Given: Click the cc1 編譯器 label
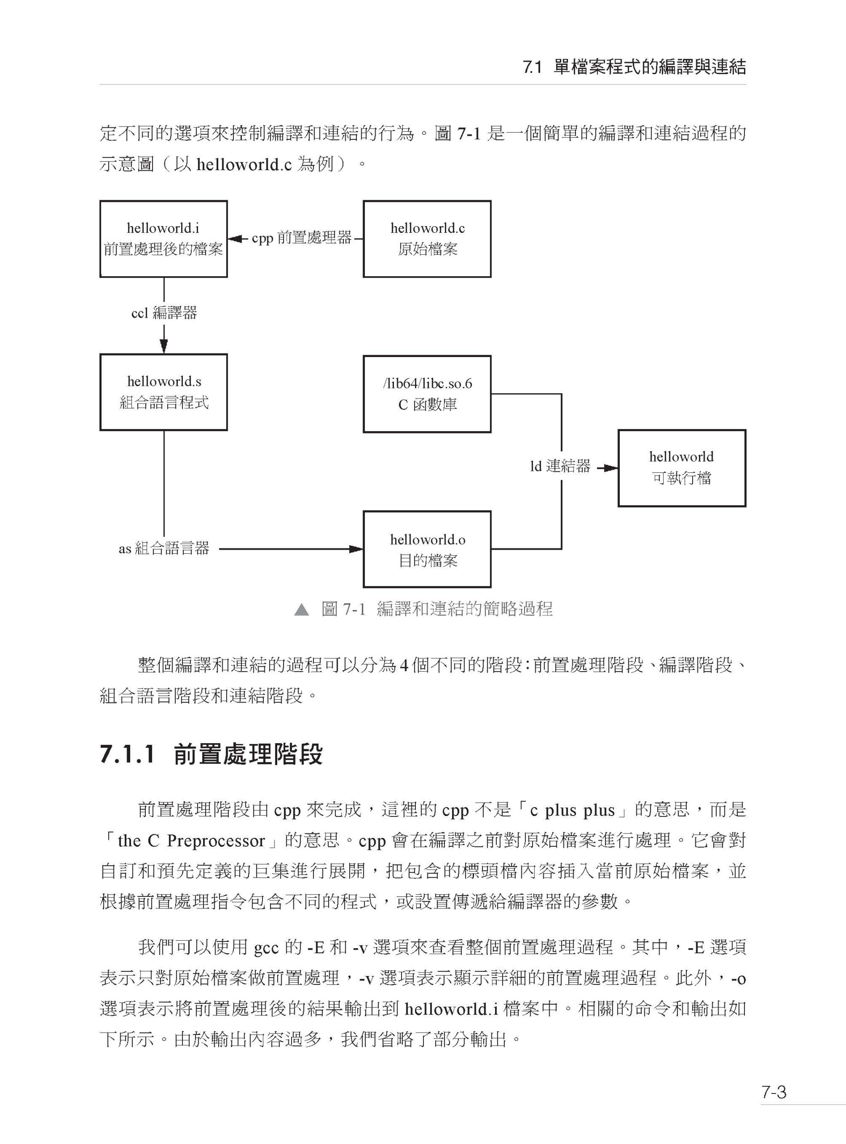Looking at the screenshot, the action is point(164,313).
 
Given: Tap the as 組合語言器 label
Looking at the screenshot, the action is point(164,549).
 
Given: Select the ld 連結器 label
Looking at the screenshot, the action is point(560,466).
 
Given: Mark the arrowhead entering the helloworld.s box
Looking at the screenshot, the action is point(164,346).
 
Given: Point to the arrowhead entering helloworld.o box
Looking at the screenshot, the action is point(356,549).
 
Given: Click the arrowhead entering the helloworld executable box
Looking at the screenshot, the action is point(611,468).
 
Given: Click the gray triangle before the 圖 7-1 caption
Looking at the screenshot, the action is point(302,610).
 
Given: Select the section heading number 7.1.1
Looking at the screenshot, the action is point(127,754).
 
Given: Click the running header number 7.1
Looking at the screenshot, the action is point(533,67).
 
